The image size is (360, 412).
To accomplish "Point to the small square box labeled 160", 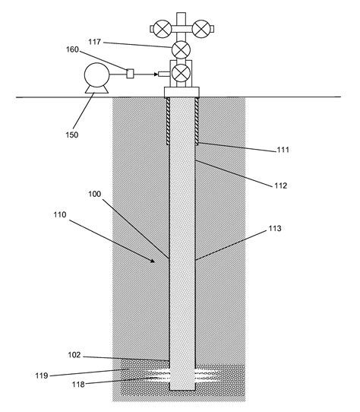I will pos(130,74).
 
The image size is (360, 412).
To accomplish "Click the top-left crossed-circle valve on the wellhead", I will pos(162,29).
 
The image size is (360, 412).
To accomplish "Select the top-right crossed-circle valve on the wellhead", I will pos(201,29).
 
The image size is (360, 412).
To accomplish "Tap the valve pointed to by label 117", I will pos(182,50).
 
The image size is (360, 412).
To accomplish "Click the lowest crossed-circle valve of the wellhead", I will pos(182,74).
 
